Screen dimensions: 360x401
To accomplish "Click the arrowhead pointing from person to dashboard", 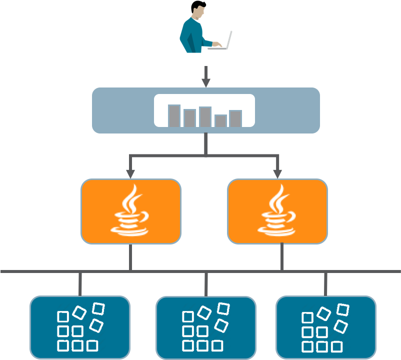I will (x=205, y=82).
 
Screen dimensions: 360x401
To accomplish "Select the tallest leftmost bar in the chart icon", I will (x=174, y=115).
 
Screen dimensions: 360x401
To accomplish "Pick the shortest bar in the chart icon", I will (x=220, y=120).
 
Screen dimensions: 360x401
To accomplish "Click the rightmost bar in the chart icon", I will (x=235, y=118).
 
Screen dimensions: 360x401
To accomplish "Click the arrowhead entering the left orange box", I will (x=130, y=173).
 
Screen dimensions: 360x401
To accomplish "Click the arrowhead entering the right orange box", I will (x=277, y=173).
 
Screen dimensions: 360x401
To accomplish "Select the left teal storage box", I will (x=80, y=327).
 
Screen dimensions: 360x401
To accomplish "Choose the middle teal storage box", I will (x=205, y=327).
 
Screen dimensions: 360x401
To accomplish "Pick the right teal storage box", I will (x=325, y=327).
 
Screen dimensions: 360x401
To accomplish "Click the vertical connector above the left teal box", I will (x=80, y=284).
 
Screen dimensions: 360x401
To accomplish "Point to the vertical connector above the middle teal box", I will (x=206, y=284).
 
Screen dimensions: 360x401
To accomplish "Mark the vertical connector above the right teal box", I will (x=325, y=284).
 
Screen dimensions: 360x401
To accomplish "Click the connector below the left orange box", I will (x=130, y=257).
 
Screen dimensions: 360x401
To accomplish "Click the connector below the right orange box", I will (x=282, y=257).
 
